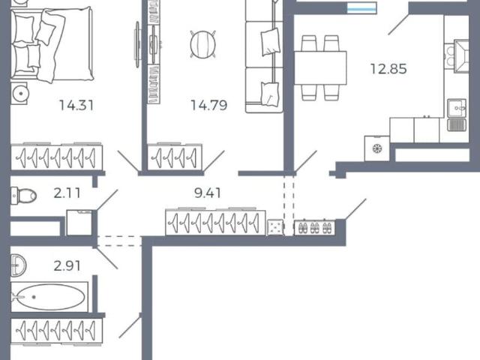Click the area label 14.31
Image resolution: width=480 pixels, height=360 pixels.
click(x=76, y=105)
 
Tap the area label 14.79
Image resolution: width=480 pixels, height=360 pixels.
click(x=209, y=105)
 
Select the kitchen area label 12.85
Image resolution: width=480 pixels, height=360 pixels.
click(x=388, y=69)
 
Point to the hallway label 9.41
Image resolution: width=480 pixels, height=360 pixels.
click(x=208, y=193)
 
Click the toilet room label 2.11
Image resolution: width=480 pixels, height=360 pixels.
click(x=67, y=193)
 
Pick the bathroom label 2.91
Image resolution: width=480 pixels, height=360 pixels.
click(x=67, y=265)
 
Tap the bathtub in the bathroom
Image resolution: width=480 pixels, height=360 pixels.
click(x=49, y=297)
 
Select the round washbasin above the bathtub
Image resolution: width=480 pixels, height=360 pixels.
click(x=18, y=265)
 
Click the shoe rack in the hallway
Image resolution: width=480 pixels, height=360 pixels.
click(x=315, y=227)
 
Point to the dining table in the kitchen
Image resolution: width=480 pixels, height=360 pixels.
click(x=320, y=68)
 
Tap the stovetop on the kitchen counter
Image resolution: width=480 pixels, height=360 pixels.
click(x=449, y=56)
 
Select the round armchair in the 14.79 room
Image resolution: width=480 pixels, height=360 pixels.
click(x=202, y=44)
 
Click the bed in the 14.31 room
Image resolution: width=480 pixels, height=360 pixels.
click(x=52, y=45)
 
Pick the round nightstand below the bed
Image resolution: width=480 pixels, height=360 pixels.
click(x=20, y=93)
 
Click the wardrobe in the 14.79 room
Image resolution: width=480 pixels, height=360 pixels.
click(x=175, y=157)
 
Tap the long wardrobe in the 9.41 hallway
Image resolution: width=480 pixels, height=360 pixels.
click(x=215, y=222)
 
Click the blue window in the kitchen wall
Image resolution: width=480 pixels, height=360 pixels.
click(x=361, y=8)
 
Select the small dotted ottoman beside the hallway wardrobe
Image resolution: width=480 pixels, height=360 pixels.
click(x=275, y=227)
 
